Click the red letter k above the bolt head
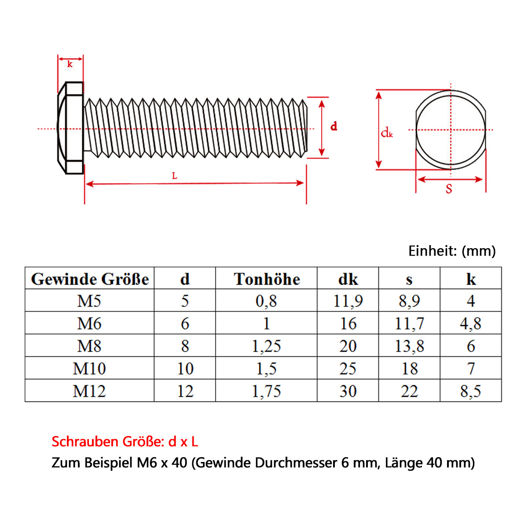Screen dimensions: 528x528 pos(70,64)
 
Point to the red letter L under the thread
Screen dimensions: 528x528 pos(175,176)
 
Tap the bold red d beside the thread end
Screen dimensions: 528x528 pos(334,126)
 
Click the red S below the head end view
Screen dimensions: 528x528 pos(449,189)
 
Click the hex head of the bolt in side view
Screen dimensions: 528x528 pos(70,128)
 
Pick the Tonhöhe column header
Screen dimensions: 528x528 pos(267,279)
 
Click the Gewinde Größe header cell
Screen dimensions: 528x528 pos(90,279)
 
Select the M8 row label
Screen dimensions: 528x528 pos(89,346)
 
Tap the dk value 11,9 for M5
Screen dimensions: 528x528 pos(348,301)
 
